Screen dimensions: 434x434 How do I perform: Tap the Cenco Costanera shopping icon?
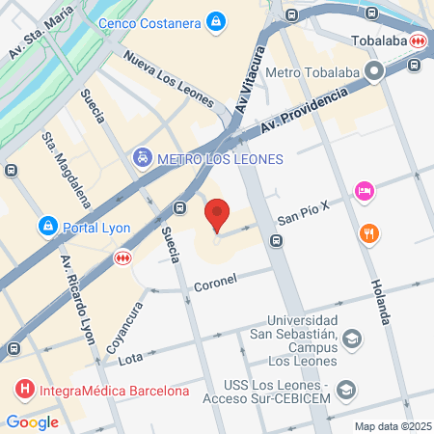click(x=217, y=19)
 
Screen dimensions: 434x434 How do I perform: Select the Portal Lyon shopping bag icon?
click(x=46, y=226)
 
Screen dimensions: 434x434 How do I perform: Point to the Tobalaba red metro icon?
click(x=418, y=41)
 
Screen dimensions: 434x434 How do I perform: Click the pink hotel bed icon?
click(x=364, y=191)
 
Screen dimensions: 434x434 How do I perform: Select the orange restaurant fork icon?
click(x=368, y=233)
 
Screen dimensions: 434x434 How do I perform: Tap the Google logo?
click(x=32, y=421)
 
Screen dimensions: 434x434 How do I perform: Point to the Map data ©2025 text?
click(x=392, y=426)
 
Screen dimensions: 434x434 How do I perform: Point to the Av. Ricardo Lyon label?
click(x=78, y=290)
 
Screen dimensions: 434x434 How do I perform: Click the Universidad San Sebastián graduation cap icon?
click(x=352, y=338)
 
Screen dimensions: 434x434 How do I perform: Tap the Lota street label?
click(x=129, y=359)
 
